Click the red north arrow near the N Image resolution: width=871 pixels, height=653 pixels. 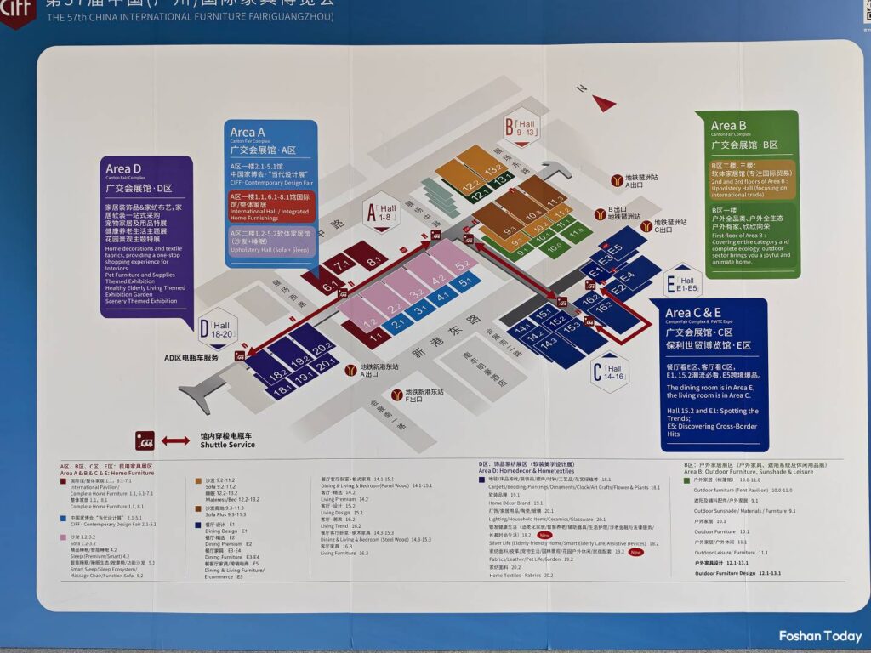click(x=605, y=104)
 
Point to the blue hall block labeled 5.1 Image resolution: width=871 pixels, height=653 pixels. click(x=464, y=282)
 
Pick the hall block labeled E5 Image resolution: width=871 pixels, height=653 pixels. click(x=614, y=248)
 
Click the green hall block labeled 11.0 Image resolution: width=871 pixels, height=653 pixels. click(x=576, y=231)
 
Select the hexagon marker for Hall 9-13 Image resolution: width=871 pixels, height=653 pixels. click(x=521, y=127)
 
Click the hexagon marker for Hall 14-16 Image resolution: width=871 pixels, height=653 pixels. click(x=609, y=372)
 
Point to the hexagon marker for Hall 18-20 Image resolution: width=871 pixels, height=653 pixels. click(x=217, y=328)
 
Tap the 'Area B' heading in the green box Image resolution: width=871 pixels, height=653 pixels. click(x=729, y=126)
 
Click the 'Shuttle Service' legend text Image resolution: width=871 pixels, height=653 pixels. click(x=227, y=445)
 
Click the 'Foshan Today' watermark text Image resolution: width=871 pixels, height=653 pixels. click(x=819, y=636)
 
